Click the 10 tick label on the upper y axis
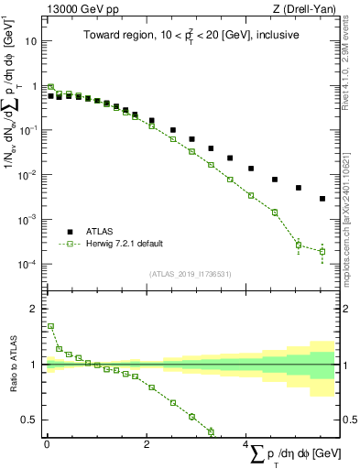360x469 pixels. [x=31, y=41]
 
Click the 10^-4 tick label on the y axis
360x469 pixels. [x=28, y=264]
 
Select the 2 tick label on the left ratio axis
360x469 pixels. [x=34, y=309]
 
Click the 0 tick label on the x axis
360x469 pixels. [x=46, y=443]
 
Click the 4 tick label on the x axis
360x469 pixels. [x=246, y=443]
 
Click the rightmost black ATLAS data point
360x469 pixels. [x=322, y=199]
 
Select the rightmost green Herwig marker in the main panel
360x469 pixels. [x=322, y=251]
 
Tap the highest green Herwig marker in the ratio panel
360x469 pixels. [x=50, y=326]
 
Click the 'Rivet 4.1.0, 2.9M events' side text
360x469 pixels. [x=352, y=54]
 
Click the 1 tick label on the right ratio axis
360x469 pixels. [x=348, y=365]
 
